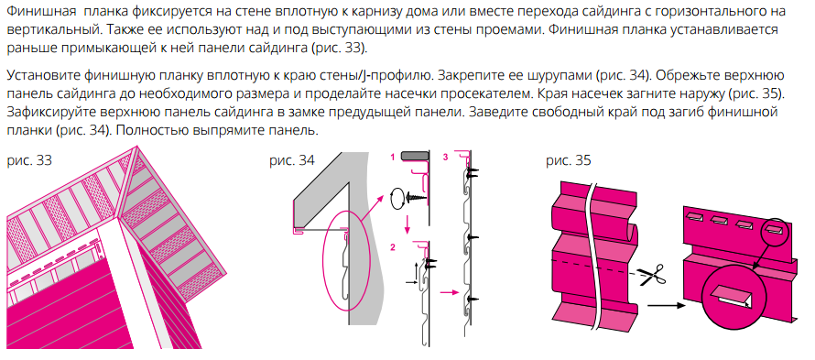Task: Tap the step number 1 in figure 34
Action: [x=392, y=158]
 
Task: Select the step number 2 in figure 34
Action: [x=392, y=247]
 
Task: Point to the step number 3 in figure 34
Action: [x=445, y=158]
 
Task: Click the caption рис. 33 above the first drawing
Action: [x=29, y=161]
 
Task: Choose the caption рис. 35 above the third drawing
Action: [x=568, y=161]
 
